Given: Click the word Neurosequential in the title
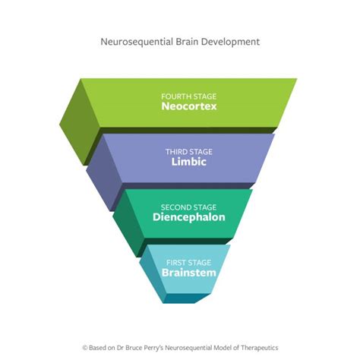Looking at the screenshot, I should click(134, 42).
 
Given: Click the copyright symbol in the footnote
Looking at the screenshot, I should click(84, 344).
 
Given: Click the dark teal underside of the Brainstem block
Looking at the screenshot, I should click(190, 297).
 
